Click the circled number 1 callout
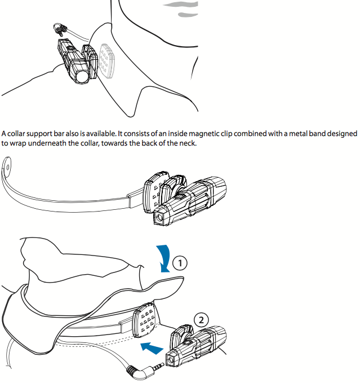pyautogui.click(x=180, y=263)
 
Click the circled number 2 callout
pyautogui.click(x=201, y=320)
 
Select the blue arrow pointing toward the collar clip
pyautogui.click(x=152, y=348)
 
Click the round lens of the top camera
pyautogui.click(x=82, y=77)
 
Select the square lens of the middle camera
pyautogui.click(x=159, y=218)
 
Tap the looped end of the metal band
pyautogui.click(x=7, y=167)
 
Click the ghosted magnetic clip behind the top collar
pyautogui.click(x=107, y=60)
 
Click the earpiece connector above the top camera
pyautogui.click(x=60, y=29)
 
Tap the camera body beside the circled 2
pyautogui.click(x=198, y=344)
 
